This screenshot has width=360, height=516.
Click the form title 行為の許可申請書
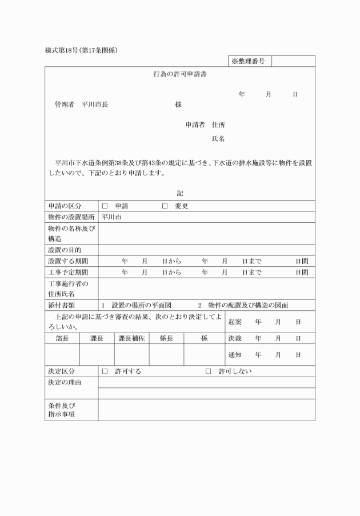(180, 75)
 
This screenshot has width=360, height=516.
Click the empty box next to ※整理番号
(293, 61)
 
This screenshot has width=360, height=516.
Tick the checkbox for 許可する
(105, 371)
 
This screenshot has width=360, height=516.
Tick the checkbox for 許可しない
(209, 371)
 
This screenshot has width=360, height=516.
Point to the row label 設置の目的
(65, 250)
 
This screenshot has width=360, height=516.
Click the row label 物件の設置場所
(71, 217)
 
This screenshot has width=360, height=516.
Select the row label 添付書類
(61, 305)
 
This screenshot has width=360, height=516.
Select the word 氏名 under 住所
(218, 138)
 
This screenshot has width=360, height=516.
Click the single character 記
(180, 194)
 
